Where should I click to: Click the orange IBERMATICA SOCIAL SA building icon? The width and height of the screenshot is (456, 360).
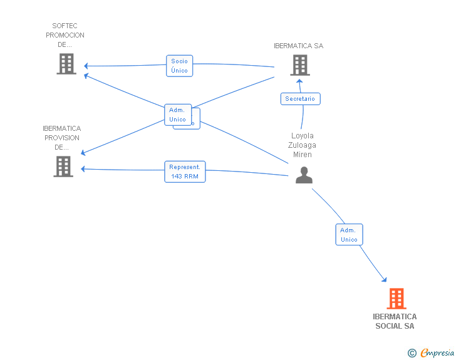pos(396,299)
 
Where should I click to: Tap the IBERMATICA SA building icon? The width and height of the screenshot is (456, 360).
pos(299,64)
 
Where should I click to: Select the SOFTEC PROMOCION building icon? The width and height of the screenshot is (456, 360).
pos(66,64)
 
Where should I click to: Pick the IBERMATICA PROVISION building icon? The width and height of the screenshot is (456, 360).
pos(63,167)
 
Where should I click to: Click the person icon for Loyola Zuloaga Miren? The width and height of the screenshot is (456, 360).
pos(304,175)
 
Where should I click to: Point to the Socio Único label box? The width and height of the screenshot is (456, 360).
pos(179,66)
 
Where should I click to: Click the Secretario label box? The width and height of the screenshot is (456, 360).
pos(300,99)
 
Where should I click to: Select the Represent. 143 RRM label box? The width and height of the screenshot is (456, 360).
pos(185,172)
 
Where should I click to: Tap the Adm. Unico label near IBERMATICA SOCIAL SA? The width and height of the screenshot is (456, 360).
pos(349,235)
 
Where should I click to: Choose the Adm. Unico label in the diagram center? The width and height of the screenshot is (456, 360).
pos(177,115)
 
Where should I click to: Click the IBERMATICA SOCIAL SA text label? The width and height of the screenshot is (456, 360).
pos(395,321)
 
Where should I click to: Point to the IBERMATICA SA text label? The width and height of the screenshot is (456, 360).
pos(299,46)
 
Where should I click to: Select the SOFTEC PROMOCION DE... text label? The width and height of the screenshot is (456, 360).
pos(65,35)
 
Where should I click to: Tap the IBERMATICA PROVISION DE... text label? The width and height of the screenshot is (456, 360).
pos(62,138)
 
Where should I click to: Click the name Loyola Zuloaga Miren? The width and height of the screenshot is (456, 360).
pos(303,145)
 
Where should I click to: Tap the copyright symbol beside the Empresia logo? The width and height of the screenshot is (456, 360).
pos(412,353)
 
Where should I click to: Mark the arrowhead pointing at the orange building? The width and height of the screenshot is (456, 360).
pos(384,280)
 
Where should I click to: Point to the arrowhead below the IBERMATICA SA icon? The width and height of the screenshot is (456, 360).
pos(299,81)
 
